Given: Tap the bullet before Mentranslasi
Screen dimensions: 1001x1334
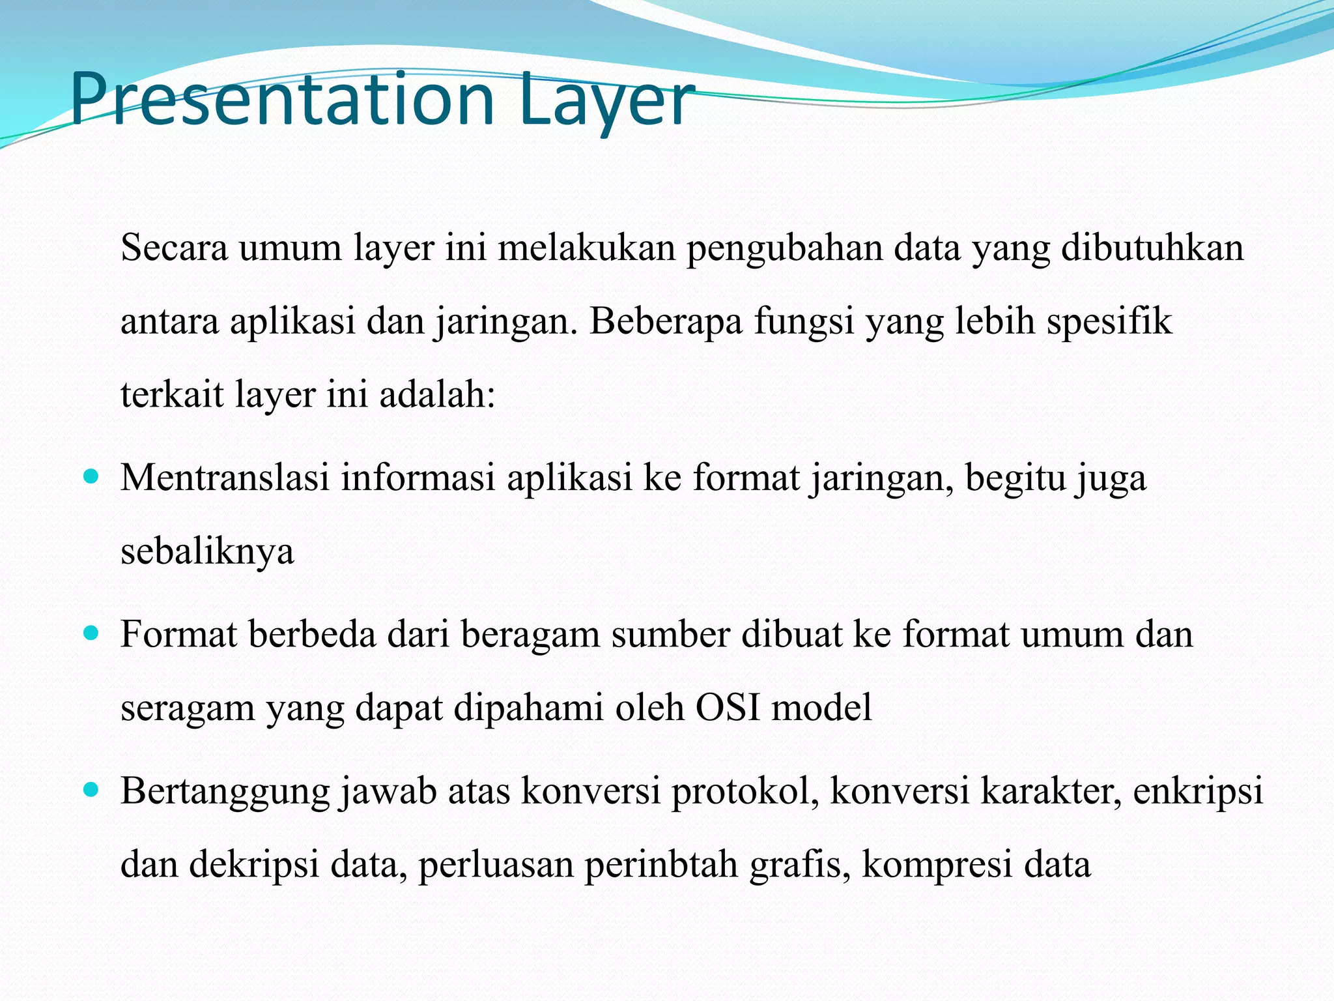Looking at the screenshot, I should click(91, 476).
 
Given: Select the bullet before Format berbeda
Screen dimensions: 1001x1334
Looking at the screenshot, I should click(91, 633).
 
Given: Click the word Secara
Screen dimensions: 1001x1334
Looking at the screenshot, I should click(174, 248).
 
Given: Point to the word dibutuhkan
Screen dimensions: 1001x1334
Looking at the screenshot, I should click(1152, 248).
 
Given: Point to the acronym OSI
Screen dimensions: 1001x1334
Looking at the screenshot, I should click(728, 708).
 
